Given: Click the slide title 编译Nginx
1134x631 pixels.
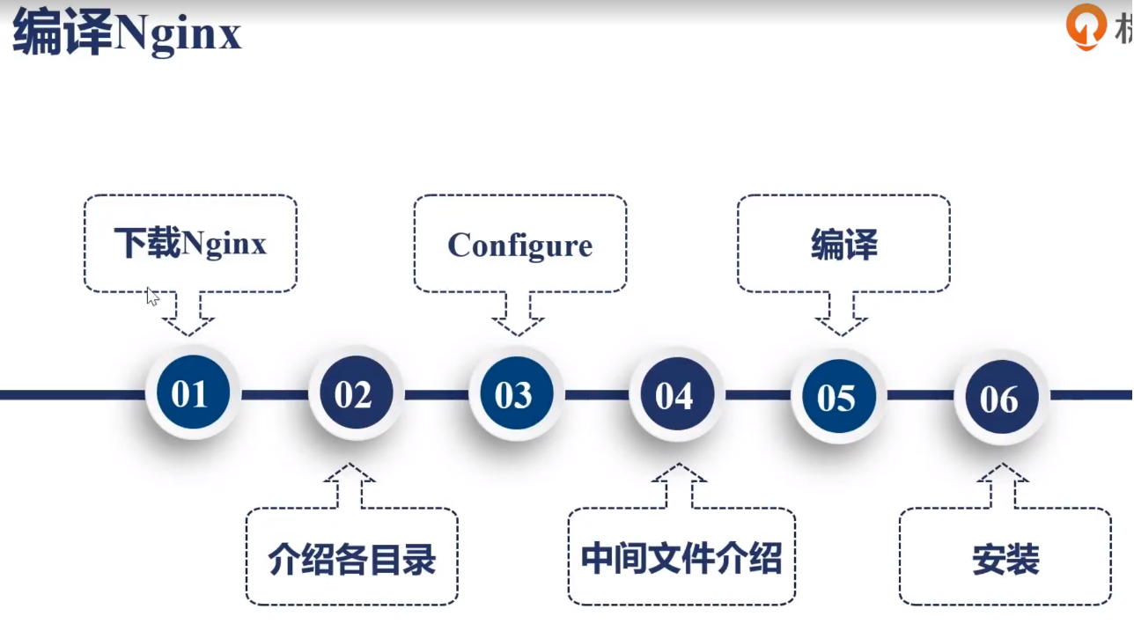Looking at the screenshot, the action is click(127, 33).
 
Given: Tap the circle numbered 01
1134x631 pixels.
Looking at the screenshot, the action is click(193, 393).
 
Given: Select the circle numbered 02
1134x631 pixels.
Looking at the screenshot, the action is click(356, 393).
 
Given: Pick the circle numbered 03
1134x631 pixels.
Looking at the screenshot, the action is click(516, 393).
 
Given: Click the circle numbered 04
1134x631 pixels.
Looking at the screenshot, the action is click(677, 394).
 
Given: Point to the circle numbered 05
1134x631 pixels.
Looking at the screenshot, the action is click(839, 396).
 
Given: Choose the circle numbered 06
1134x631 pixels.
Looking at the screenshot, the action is click(1001, 397).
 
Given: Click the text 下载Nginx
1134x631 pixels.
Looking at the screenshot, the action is click(190, 244).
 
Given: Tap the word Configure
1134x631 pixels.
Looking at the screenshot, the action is click(520, 246).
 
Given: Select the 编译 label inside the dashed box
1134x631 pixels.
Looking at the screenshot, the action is click(844, 245).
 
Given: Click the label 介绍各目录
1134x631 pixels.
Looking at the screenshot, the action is click(352, 559).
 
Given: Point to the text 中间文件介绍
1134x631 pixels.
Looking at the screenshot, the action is click(681, 559).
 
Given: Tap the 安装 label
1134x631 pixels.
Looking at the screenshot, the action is click(1005, 559).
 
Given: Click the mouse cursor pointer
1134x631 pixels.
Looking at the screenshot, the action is click(152, 297).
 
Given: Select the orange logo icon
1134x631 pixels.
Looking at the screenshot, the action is click(1086, 26).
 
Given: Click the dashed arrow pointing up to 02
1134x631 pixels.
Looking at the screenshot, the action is click(350, 485).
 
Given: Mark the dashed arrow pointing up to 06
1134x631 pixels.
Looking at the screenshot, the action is click(1002, 485).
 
